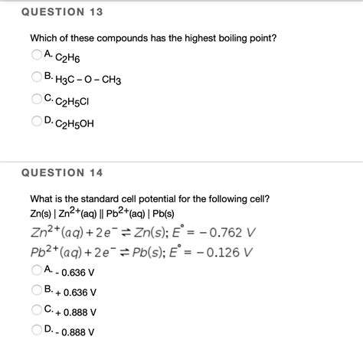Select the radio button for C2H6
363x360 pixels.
click(x=36, y=54)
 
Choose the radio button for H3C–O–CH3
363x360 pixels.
click(x=36, y=77)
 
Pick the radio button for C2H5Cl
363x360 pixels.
click(x=36, y=99)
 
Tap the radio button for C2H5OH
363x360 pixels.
click(x=36, y=121)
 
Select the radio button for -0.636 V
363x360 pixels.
click(x=36, y=270)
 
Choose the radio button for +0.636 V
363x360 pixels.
click(x=36, y=290)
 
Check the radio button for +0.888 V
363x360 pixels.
click(x=36, y=311)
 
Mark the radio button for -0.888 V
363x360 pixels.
click(x=36, y=331)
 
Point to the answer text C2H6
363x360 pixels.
click(x=68, y=57)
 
